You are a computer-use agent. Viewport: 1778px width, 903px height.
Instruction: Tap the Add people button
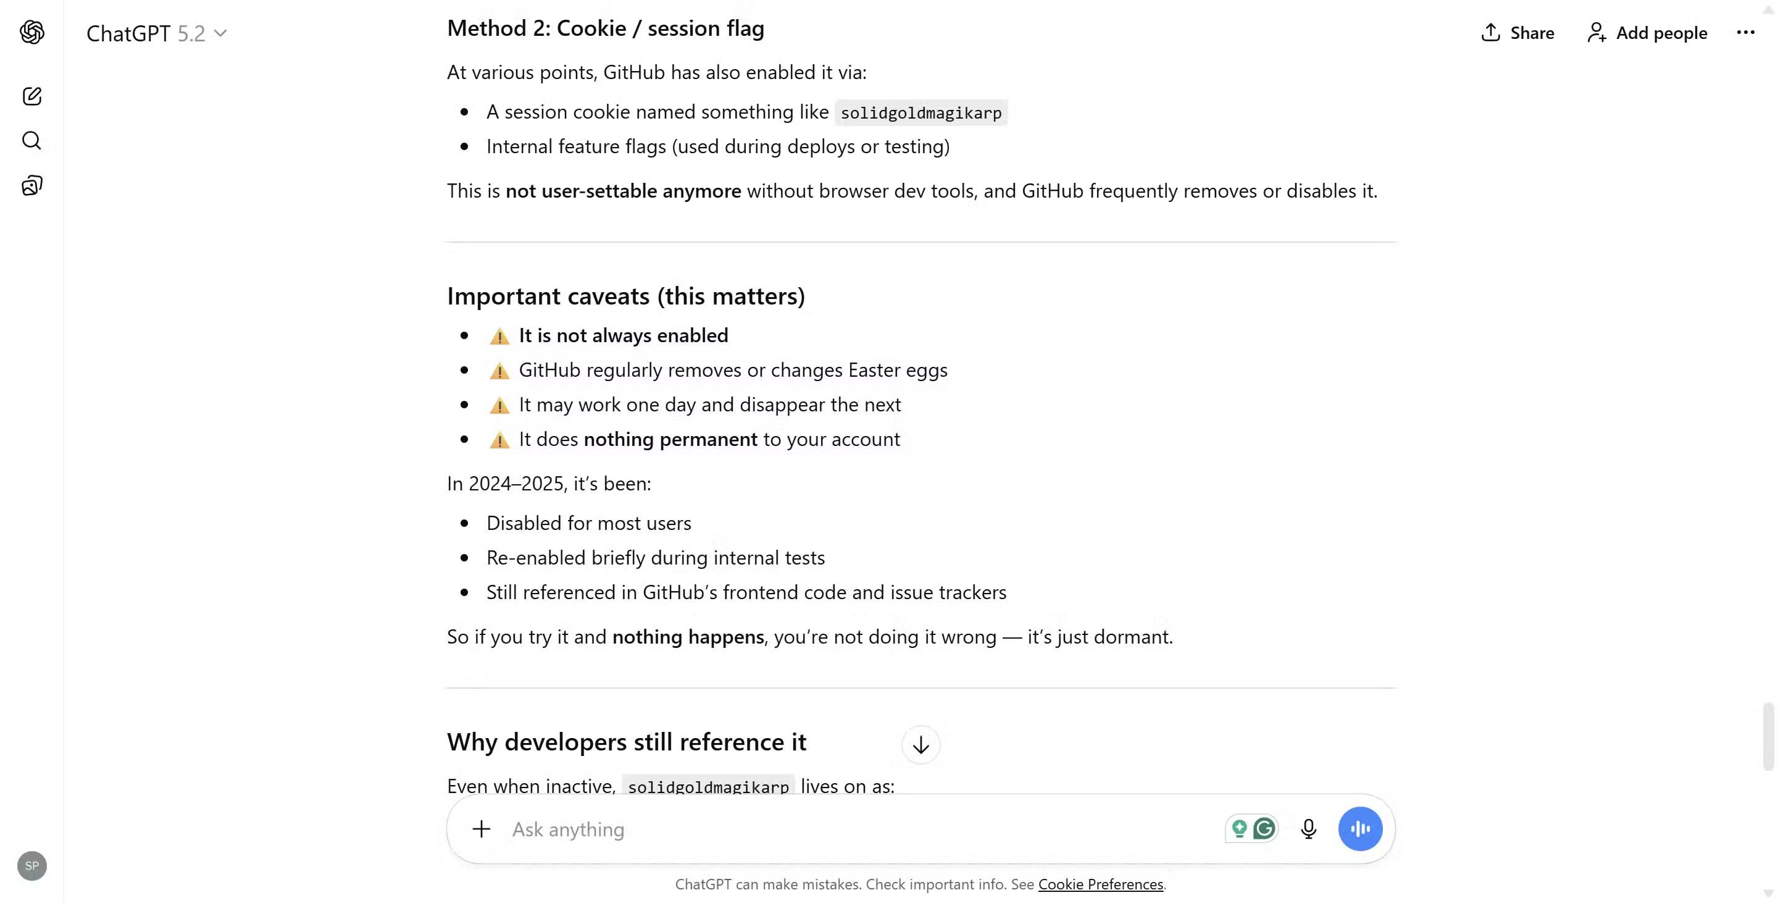pyautogui.click(x=1647, y=33)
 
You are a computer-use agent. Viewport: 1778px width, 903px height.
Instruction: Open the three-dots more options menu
pyautogui.click(x=1745, y=33)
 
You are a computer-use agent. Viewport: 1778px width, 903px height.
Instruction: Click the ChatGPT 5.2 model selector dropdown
pyautogui.click(x=157, y=33)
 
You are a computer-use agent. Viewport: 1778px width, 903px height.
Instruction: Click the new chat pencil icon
pyautogui.click(x=31, y=96)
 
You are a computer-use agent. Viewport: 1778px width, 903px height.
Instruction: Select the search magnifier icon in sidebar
pyautogui.click(x=31, y=141)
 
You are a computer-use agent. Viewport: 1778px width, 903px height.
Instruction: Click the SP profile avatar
pyautogui.click(x=31, y=865)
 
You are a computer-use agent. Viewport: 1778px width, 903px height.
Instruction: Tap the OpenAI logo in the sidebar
pyautogui.click(x=31, y=31)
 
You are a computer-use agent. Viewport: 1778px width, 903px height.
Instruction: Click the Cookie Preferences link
pyautogui.click(x=1100, y=884)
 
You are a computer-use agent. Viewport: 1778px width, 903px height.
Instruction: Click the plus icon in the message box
pyautogui.click(x=481, y=828)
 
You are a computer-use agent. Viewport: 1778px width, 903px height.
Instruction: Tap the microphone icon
pyautogui.click(x=1308, y=828)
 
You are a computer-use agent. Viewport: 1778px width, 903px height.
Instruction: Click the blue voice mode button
pyautogui.click(x=1359, y=828)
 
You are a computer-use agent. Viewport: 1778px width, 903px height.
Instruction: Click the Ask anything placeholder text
pyautogui.click(x=567, y=829)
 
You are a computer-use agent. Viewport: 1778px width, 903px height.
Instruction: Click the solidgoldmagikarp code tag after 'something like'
pyautogui.click(x=920, y=112)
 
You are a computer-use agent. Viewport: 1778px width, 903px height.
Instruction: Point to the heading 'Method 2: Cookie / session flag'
pyautogui.click(x=605, y=28)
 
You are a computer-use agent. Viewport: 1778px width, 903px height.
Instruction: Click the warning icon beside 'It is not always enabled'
pyautogui.click(x=499, y=336)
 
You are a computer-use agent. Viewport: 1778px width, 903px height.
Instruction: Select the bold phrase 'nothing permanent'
pyautogui.click(x=670, y=439)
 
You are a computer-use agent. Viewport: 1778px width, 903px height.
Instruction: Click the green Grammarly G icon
pyautogui.click(x=1264, y=828)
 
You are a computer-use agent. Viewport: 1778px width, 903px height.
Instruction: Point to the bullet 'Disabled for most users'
pyautogui.click(x=588, y=523)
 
